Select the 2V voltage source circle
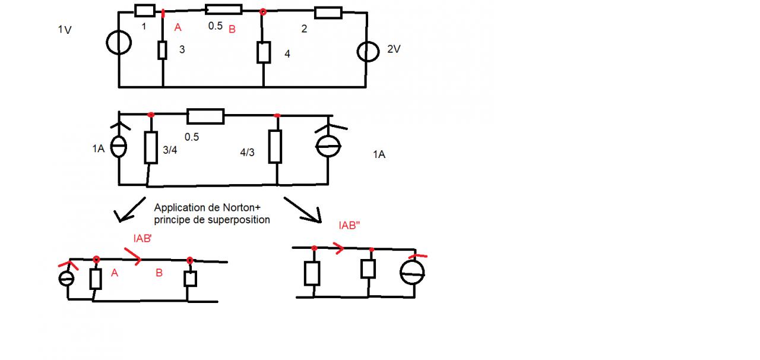[x=368, y=51]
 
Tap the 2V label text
[x=394, y=50]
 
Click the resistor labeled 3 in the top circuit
[x=162, y=50]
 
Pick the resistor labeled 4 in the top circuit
[x=264, y=52]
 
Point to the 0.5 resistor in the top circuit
[x=224, y=9]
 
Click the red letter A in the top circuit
[x=177, y=27]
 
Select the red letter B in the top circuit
[x=233, y=28]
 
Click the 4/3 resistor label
[x=248, y=153]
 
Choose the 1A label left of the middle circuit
[x=98, y=149]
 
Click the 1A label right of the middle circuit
[x=379, y=154]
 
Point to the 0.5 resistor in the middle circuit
[x=205, y=116]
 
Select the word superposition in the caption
[x=240, y=219]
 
